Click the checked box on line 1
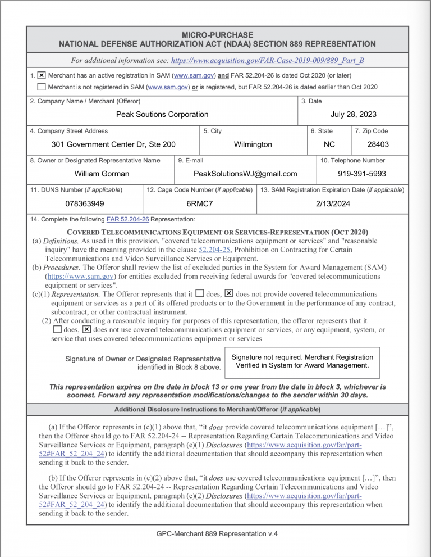coord(42,75)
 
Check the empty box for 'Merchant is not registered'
coord(42,87)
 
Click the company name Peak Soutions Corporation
coord(162,114)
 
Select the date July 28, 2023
coord(354,114)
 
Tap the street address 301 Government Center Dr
coord(113,144)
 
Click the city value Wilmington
coord(253,144)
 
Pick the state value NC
coord(329,144)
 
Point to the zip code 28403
coord(378,144)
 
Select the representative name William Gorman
coord(102,174)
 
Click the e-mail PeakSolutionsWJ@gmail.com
coord(245,174)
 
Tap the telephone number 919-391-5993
coord(361,174)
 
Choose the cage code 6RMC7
coord(199,203)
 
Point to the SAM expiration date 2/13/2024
coord(333,203)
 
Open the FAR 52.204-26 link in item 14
coord(127,219)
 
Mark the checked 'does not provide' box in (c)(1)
coord(228,293)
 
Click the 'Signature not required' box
coord(302,361)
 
